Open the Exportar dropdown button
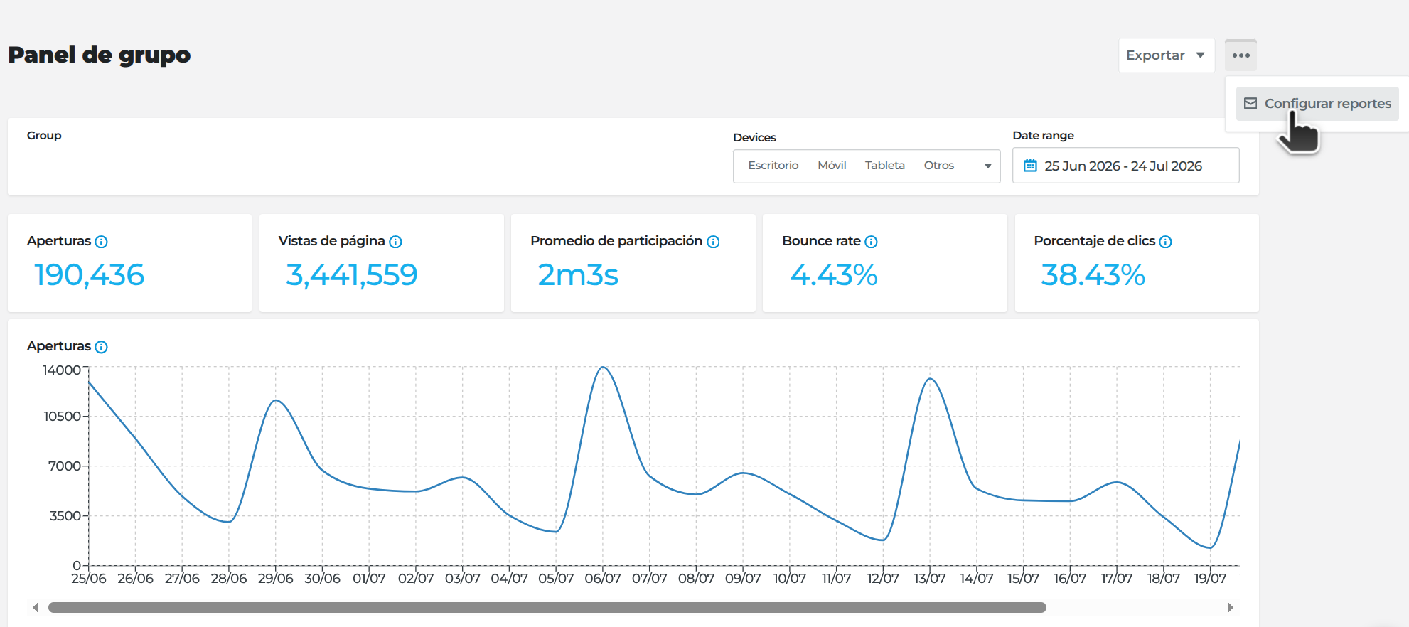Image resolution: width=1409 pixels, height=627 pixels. pyautogui.click(x=1167, y=55)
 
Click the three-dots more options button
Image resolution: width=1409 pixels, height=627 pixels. pyautogui.click(x=1241, y=55)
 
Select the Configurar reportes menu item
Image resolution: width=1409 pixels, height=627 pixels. pyautogui.click(x=1317, y=104)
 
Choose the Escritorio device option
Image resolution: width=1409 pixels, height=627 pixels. pyautogui.click(x=773, y=166)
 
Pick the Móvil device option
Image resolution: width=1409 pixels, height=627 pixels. pyautogui.click(x=832, y=166)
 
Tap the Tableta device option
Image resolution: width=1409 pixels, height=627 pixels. pyautogui.click(x=885, y=166)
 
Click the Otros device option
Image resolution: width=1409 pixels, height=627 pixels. pyautogui.click(x=939, y=166)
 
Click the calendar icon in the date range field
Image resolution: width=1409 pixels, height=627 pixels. pyautogui.click(x=1030, y=166)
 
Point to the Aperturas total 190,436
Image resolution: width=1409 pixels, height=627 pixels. pyautogui.click(x=90, y=275)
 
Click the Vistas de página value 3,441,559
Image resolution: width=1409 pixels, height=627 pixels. pyautogui.click(x=352, y=275)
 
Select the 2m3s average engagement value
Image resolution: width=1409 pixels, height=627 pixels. pyautogui.click(x=578, y=275)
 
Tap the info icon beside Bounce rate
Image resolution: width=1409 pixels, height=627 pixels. pyautogui.click(x=871, y=242)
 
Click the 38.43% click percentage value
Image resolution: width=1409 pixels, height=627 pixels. pyautogui.click(x=1093, y=275)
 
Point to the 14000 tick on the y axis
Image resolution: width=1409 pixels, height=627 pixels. pyautogui.click(x=62, y=370)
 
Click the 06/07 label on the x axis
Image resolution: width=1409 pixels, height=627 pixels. pyautogui.click(x=603, y=579)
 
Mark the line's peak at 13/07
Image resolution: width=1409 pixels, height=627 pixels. pyautogui.click(x=930, y=379)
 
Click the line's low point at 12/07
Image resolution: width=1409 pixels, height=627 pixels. pyautogui.click(x=883, y=540)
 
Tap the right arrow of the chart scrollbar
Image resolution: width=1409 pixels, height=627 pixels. pyautogui.click(x=1230, y=608)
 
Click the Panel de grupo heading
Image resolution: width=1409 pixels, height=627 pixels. pyautogui.click(x=100, y=55)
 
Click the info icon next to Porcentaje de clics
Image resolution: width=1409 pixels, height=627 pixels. pyautogui.click(x=1165, y=242)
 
